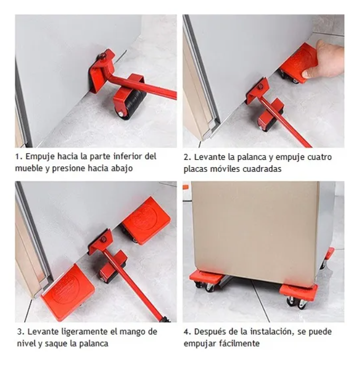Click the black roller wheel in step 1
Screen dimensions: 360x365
tap(134, 104)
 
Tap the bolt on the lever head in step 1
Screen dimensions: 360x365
tap(103, 56)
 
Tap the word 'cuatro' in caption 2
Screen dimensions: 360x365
tap(320, 157)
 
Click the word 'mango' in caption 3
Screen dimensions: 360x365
tap(131, 332)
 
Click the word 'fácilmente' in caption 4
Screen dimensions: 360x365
tap(239, 343)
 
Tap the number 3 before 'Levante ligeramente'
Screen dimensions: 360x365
tap(21, 332)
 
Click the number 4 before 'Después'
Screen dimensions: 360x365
tap(188, 332)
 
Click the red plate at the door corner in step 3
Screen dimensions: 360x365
tap(68, 292)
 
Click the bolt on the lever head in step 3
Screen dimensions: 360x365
tap(103, 239)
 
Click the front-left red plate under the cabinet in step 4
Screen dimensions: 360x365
tap(207, 278)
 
